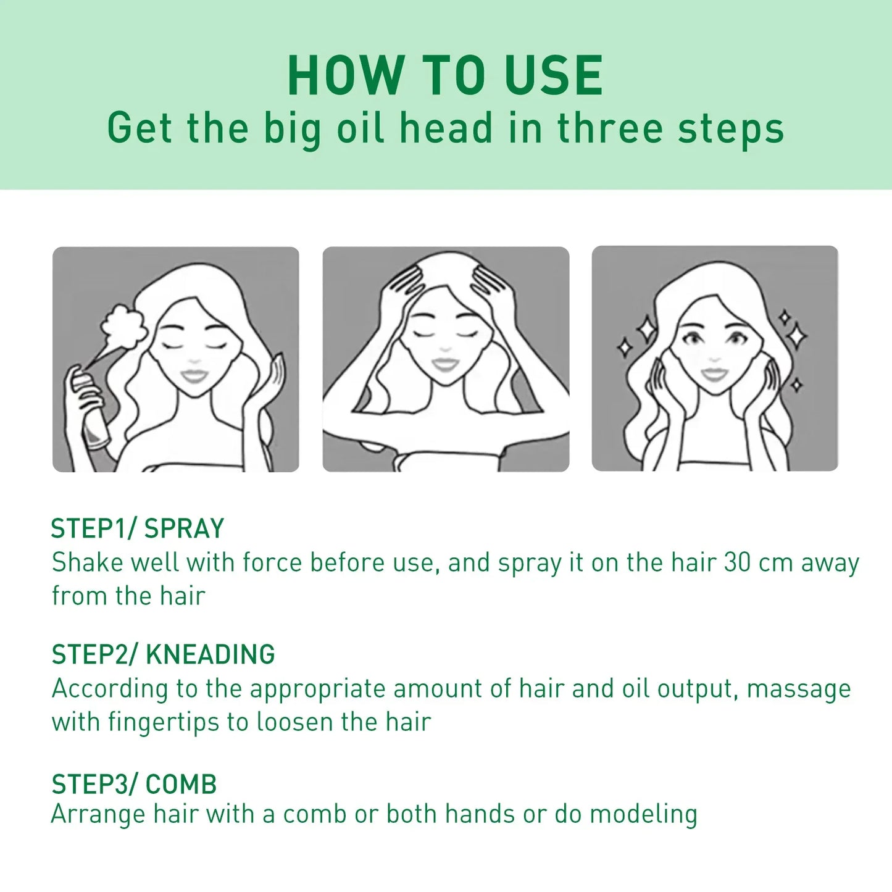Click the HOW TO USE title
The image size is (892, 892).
445,75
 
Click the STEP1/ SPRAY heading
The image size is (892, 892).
137,529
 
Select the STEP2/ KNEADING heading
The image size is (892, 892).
163,654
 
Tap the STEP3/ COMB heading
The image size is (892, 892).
134,785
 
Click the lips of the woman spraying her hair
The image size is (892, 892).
194,375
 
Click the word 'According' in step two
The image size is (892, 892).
109,688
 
